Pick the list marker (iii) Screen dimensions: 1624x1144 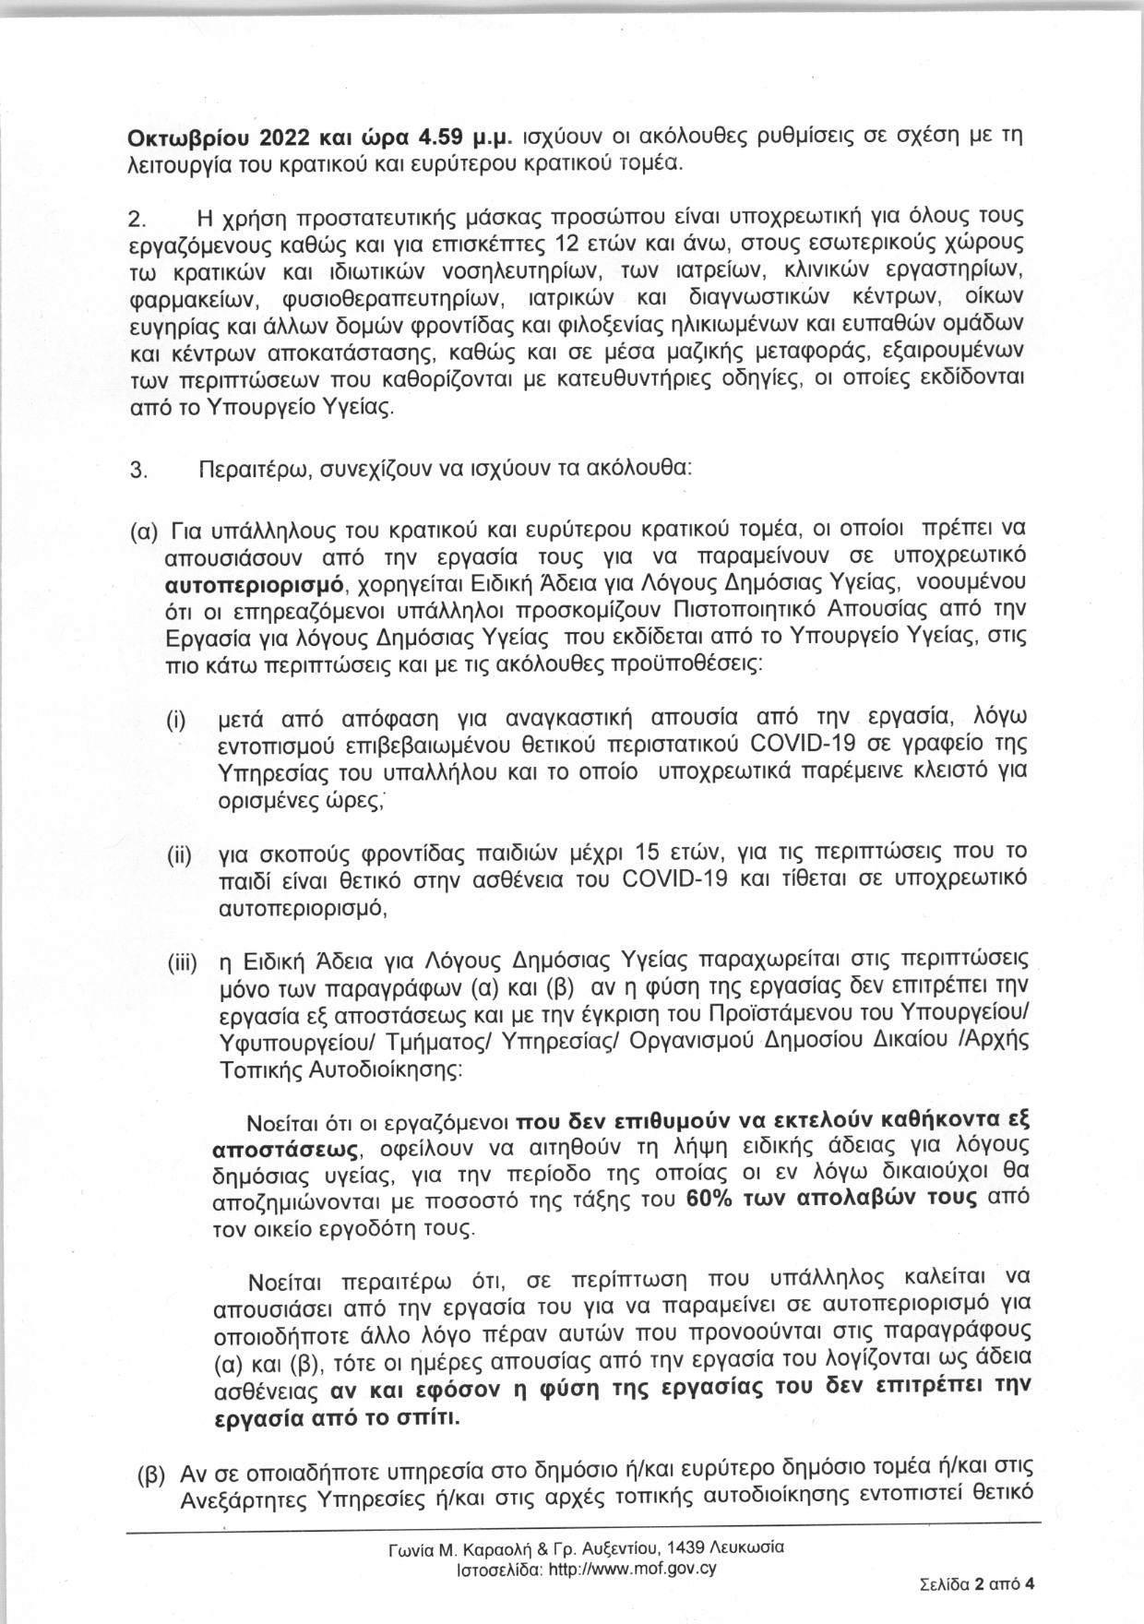click(x=182, y=964)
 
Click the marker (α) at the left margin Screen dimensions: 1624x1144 click(x=145, y=532)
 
